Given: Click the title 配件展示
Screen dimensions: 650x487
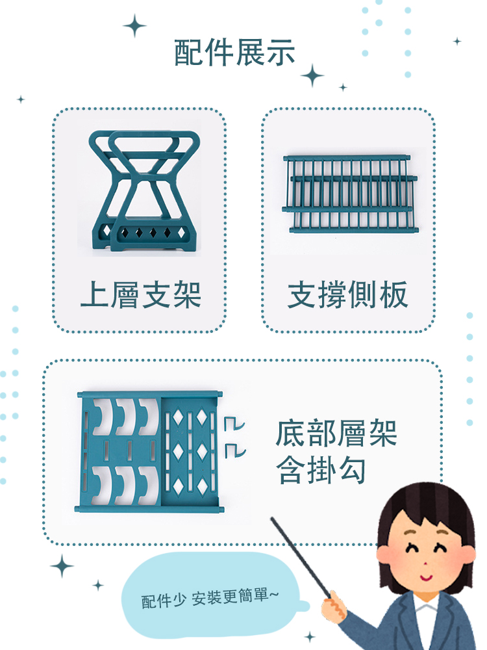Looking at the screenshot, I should (x=234, y=53).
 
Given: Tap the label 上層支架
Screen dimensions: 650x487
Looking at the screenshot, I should (x=140, y=294).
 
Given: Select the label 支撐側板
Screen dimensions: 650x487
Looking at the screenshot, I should (x=348, y=294).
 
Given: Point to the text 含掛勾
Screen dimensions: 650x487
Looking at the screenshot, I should (x=321, y=471).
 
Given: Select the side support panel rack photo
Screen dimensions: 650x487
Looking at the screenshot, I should (x=349, y=194).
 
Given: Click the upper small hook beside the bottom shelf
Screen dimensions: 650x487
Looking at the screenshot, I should (x=233, y=423).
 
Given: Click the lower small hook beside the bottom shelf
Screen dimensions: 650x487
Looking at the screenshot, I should (x=235, y=449).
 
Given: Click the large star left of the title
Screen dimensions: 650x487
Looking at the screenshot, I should (x=135, y=26).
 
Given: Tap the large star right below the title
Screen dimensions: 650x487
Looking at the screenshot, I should (x=312, y=75).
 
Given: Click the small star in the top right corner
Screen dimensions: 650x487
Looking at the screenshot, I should (x=457, y=42).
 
